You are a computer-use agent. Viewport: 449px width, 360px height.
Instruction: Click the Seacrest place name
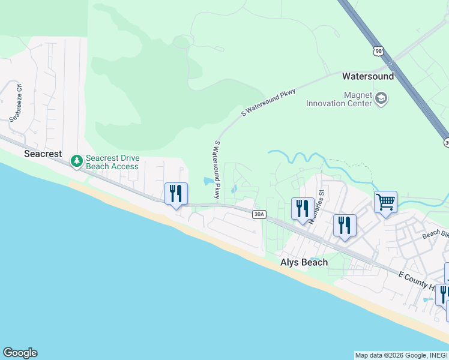pyautogui.click(x=43, y=154)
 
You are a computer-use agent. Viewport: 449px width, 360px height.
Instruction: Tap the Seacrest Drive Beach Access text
pyautogui.click(x=112, y=162)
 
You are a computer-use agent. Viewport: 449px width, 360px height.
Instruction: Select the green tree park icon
pyautogui.click(x=76, y=161)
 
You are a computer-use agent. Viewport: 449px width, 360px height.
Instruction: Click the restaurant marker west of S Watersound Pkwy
pyautogui.click(x=176, y=194)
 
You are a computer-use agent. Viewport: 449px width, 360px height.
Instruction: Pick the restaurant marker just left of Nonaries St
pyautogui.click(x=302, y=209)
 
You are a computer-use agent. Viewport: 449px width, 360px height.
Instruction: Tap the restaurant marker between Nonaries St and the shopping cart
pyautogui.click(x=345, y=226)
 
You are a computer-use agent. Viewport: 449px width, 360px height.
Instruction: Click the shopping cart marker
pyautogui.click(x=385, y=202)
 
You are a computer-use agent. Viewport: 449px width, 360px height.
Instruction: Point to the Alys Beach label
pyautogui.click(x=304, y=262)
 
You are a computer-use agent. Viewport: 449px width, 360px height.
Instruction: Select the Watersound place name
pyautogui.click(x=368, y=76)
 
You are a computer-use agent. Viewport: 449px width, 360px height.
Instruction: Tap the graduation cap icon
pyautogui.click(x=381, y=98)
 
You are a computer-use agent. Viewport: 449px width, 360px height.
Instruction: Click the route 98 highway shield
pyautogui.click(x=378, y=51)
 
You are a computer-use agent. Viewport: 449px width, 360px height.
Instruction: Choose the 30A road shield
pyautogui.click(x=259, y=214)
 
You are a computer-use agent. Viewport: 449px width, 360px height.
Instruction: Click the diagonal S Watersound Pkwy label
pyautogui.click(x=268, y=103)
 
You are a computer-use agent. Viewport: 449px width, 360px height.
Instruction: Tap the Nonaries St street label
pyautogui.click(x=317, y=207)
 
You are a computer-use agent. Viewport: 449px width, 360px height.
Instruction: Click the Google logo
pyautogui.click(x=20, y=353)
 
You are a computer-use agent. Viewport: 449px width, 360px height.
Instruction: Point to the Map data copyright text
pyautogui.click(x=400, y=355)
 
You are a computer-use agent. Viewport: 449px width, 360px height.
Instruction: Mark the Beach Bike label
pyautogui.click(x=435, y=234)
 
